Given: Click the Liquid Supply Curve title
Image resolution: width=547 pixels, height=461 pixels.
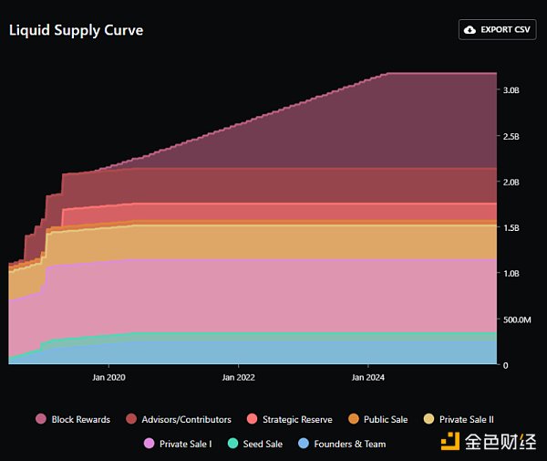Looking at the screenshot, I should click(x=76, y=30).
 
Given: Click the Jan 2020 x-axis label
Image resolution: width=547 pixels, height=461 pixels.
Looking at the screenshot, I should click(x=109, y=376).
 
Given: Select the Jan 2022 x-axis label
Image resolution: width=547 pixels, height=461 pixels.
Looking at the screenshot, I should click(x=239, y=376).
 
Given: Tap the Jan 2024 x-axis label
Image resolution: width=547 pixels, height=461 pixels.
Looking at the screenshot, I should click(x=367, y=376).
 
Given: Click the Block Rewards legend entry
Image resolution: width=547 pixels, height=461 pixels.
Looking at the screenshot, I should click(x=73, y=419).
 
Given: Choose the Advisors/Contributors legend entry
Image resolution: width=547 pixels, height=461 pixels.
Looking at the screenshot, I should click(x=179, y=419).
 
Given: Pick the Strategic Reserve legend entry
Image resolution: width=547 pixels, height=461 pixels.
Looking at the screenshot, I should click(x=291, y=419).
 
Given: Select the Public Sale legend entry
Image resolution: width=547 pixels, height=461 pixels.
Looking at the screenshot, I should click(x=377, y=419).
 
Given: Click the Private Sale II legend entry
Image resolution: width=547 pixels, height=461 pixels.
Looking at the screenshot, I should click(x=458, y=419).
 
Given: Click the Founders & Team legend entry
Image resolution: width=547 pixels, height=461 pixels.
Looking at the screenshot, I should click(x=342, y=444).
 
